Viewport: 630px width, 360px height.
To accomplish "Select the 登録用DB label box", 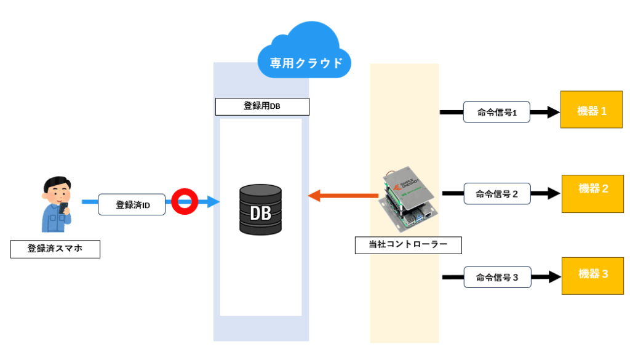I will click(x=262, y=106).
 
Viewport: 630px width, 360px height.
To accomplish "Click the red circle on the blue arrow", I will click(x=183, y=201).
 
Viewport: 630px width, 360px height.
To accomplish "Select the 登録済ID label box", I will click(x=132, y=205).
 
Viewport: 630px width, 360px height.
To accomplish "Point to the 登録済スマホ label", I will click(x=55, y=249).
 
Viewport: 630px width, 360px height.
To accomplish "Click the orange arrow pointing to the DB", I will click(x=342, y=196).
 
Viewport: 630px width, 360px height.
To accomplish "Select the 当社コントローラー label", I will click(x=409, y=245).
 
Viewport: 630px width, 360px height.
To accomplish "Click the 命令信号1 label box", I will click(x=496, y=113).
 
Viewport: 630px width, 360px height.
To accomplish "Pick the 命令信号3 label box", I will click(x=496, y=278).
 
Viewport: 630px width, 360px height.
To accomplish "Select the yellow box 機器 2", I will click(x=592, y=193).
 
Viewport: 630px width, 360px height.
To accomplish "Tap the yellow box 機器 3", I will click(x=592, y=274).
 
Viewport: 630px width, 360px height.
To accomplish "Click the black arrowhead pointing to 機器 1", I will click(x=551, y=113).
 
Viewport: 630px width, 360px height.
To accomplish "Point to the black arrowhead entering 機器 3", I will click(x=551, y=278).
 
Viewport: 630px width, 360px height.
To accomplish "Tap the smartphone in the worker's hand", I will click(x=64, y=202).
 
